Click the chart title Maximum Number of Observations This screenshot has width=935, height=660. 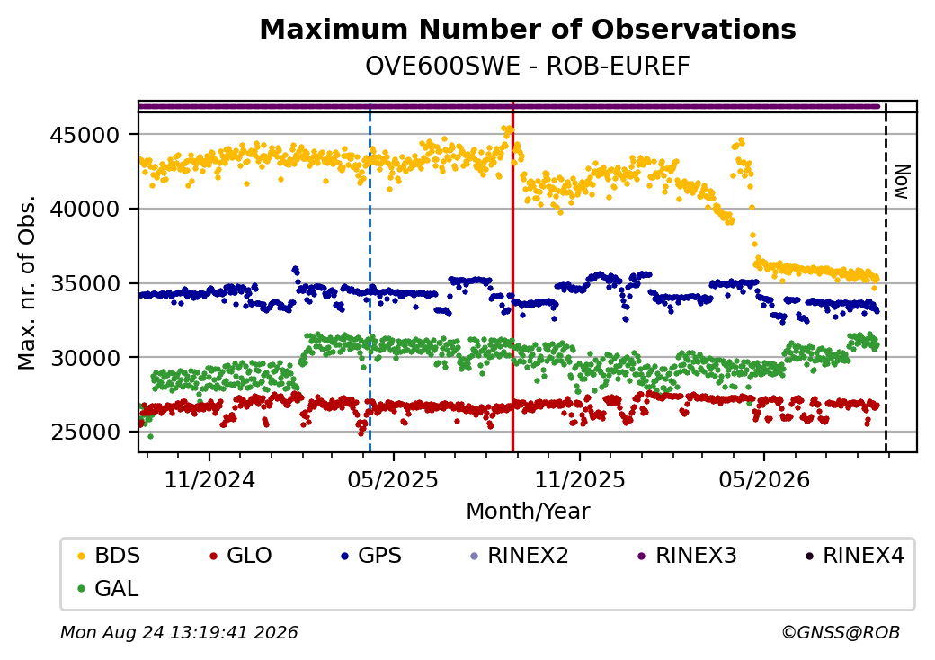[x=528, y=29]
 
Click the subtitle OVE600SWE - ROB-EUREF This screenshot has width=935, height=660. [x=528, y=67]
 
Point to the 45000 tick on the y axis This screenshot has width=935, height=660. [x=85, y=136]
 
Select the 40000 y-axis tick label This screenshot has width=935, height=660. [x=85, y=210]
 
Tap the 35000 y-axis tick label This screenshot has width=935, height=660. [x=85, y=284]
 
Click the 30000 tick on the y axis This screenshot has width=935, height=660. [x=85, y=358]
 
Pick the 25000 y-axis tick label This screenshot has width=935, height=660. [x=85, y=433]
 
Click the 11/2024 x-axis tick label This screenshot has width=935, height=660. [x=209, y=480]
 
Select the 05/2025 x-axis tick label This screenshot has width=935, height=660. [x=393, y=480]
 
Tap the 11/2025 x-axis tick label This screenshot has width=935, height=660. [x=580, y=480]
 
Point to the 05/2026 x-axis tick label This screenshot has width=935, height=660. [x=764, y=480]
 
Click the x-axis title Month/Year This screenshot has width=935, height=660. [x=528, y=512]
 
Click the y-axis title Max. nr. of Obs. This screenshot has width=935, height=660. [x=27, y=282]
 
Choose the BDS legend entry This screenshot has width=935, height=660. [x=110, y=556]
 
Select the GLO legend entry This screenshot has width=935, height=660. [x=241, y=556]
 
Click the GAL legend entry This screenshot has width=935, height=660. [x=109, y=588]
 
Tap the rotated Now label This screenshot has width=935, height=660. [x=903, y=182]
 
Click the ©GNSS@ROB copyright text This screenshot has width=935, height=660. [x=841, y=632]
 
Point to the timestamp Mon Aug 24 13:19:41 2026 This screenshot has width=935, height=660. [x=179, y=632]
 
